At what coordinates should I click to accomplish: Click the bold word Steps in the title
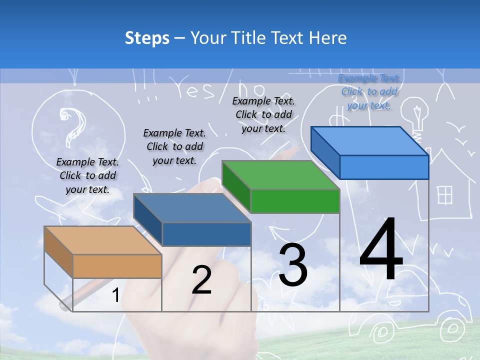(147, 38)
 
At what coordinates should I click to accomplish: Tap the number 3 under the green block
(293, 265)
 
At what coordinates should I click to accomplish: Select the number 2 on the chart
(201, 280)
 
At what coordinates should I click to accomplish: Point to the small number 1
(115, 295)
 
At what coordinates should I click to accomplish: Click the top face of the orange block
(102, 240)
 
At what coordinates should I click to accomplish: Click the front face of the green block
(295, 201)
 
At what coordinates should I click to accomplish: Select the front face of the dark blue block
(206, 234)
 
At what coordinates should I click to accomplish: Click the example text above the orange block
(88, 175)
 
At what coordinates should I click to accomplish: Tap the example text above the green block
(263, 114)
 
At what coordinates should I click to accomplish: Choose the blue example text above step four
(369, 91)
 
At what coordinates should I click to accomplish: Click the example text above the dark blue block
(174, 146)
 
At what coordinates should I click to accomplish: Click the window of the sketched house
(444, 195)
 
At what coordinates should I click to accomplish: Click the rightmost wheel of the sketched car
(452, 328)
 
